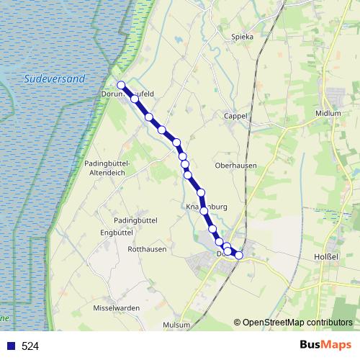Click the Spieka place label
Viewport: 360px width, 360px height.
(243, 37)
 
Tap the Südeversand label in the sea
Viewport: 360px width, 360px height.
(54, 78)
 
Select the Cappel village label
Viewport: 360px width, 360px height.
(235, 115)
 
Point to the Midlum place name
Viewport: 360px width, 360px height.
(328, 114)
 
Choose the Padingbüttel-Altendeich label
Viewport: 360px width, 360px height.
(106, 168)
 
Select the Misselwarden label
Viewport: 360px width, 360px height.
(117, 307)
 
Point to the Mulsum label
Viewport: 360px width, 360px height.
(176, 325)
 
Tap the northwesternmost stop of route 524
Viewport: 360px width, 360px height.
(121, 84)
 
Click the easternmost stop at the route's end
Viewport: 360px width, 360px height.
(239, 256)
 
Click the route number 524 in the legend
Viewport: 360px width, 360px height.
(30, 346)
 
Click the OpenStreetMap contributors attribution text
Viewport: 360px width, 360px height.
(297, 322)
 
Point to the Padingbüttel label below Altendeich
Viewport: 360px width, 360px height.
(135, 220)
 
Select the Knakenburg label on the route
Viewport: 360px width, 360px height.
(207, 207)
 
